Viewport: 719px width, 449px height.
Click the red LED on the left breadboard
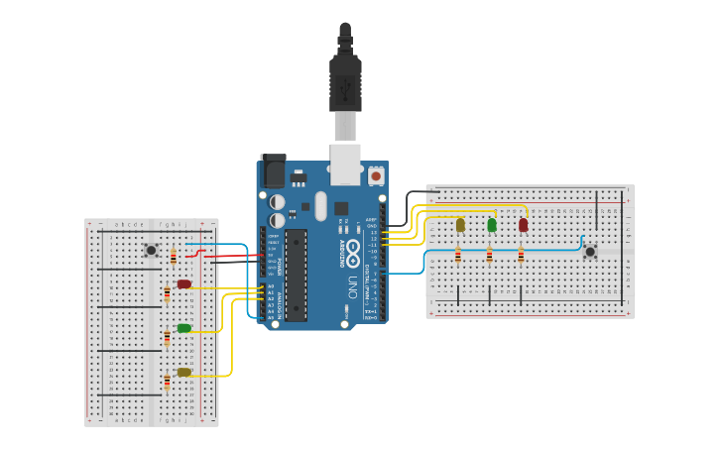coord(184,284)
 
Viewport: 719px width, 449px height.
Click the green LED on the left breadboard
coord(184,328)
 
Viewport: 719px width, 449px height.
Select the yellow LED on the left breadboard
coord(184,373)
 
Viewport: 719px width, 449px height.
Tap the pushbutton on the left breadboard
coord(151,251)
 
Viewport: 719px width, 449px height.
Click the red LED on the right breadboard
coord(523,225)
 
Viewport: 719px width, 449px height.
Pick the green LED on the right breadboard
coord(492,225)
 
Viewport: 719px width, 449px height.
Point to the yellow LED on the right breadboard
coord(460,225)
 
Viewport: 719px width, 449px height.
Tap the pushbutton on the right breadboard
coord(590,252)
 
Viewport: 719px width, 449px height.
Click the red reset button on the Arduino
coord(376,176)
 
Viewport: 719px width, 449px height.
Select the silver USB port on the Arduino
coord(345,164)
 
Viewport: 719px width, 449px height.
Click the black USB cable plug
coord(345,79)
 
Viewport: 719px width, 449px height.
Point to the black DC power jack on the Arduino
coord(273,170)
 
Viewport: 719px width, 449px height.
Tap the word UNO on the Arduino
coord(352,287)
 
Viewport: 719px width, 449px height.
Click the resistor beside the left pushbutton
coord(174,257)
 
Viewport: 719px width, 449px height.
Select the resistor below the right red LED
coord(521,256)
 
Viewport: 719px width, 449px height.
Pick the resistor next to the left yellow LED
coord(167,382)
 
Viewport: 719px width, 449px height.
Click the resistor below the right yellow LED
coord(458,256)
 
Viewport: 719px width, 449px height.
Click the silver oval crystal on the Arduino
coord(320,206)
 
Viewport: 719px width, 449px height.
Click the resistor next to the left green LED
coord(167,338)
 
